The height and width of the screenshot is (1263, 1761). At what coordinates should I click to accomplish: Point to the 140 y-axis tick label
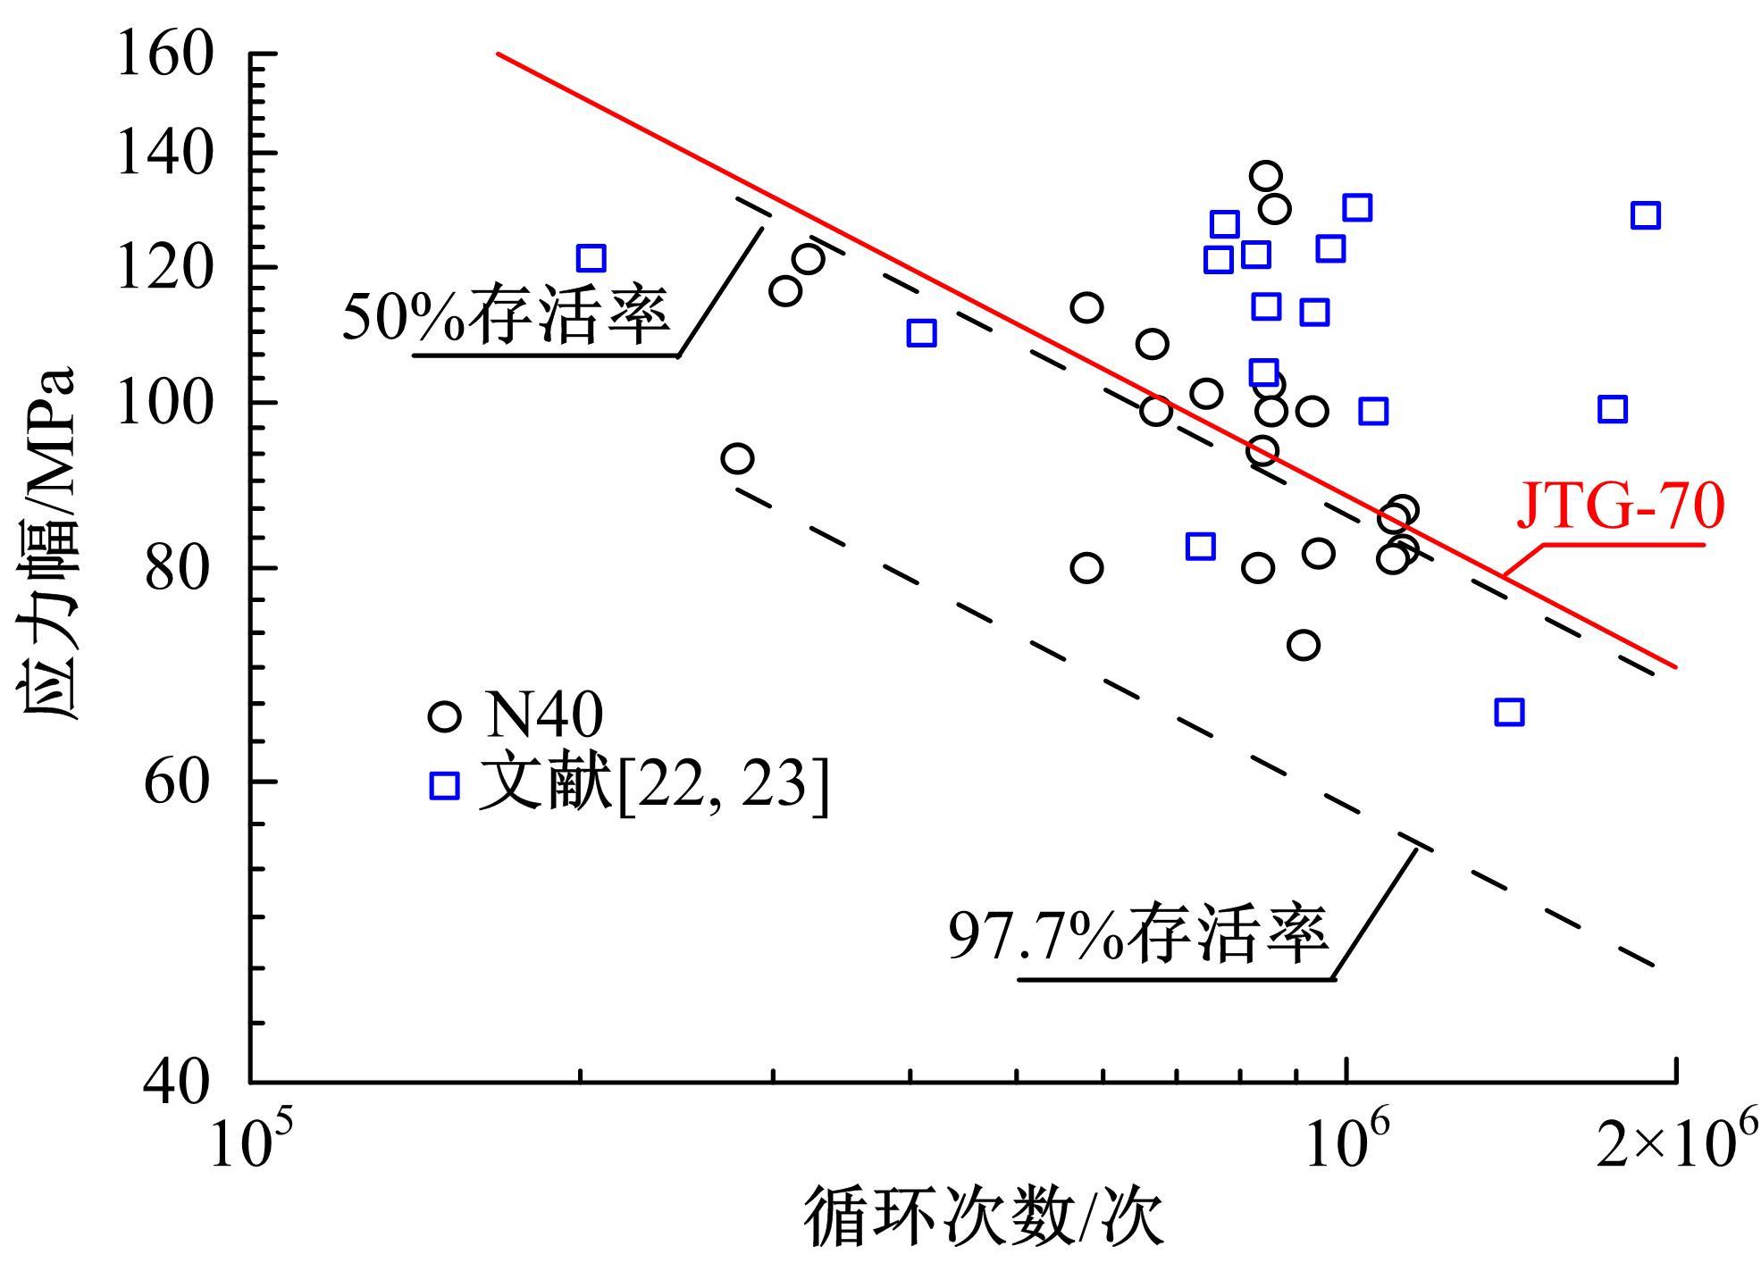pyautogui.click(x=166, y=153)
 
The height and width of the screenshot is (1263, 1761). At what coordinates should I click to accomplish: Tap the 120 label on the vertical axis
pyautogui.click(x=166, y=267)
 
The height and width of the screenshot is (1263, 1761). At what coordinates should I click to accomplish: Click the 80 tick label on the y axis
pyautogui.click(x=180, y=568)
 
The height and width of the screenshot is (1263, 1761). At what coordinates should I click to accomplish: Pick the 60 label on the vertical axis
pyautogui.click(x=180, y=782)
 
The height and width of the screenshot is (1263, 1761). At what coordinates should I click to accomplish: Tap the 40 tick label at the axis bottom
pyautogui.click(x=180, y=1083)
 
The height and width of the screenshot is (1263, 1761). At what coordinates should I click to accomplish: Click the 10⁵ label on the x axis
pyautogui.click(x=242, y=1142)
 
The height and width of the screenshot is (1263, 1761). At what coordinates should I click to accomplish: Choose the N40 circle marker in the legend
pyautogui.click(x=444, y=716)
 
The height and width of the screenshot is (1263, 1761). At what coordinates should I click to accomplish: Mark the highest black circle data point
pyautogui.click(x=1265, y=177)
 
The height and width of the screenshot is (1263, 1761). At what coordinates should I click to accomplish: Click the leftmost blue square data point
pyautogui.click(x=591, y=259)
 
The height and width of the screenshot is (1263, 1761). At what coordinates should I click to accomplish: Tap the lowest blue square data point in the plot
pyautogui.click(x=1508, y=712)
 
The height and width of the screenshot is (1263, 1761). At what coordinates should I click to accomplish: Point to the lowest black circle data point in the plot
pyautogui.click(x=1304, y=644)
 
